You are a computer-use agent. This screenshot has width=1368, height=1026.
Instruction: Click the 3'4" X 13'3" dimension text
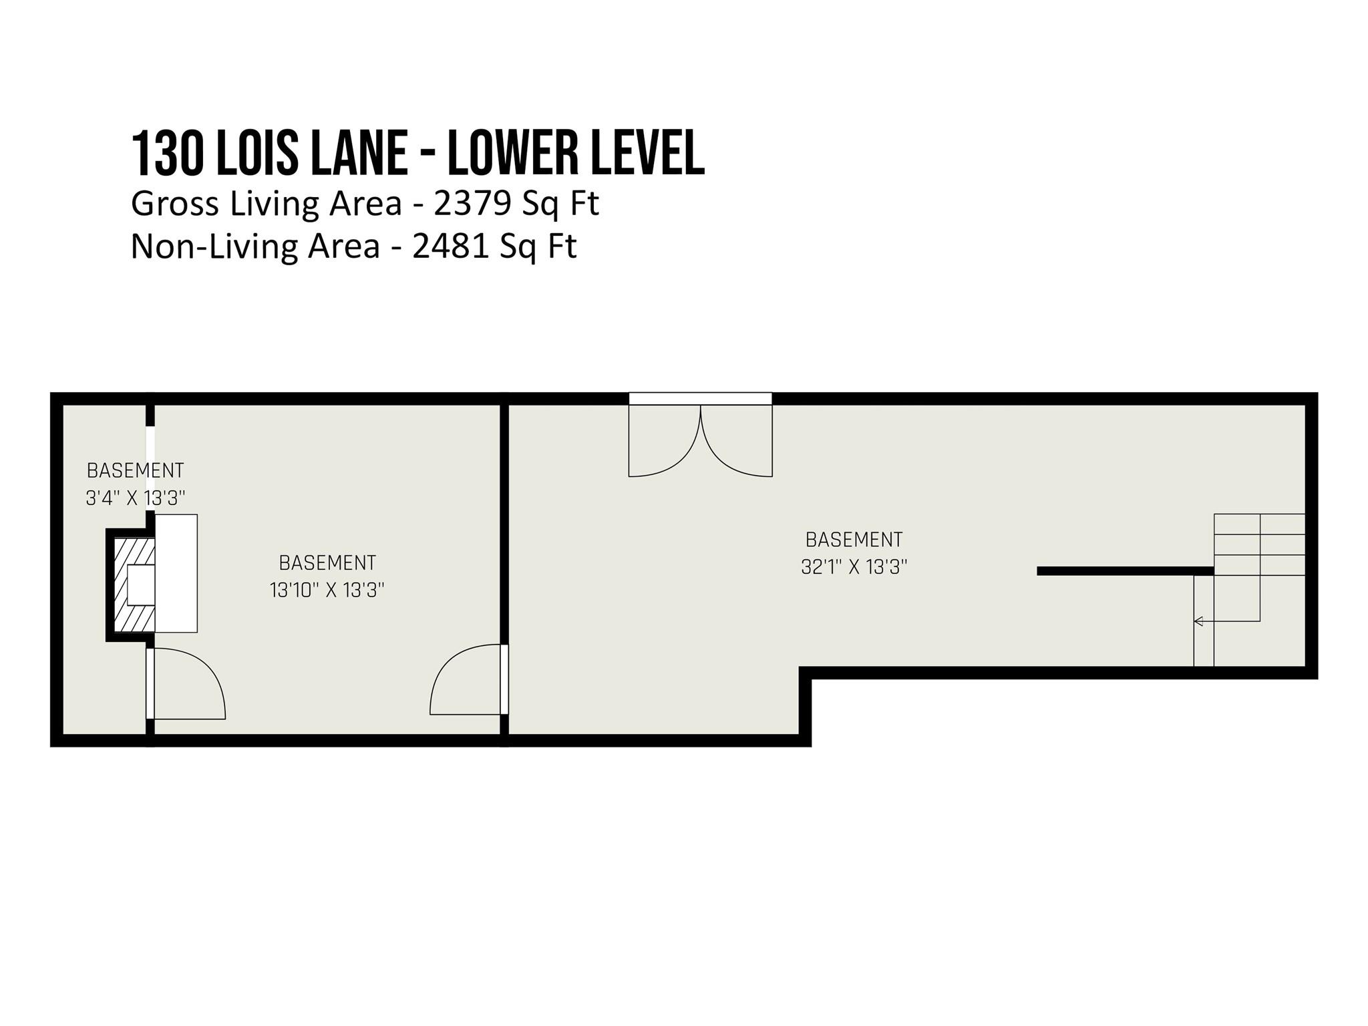[136, 498]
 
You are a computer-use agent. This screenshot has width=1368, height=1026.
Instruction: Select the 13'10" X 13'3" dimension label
[327, 590]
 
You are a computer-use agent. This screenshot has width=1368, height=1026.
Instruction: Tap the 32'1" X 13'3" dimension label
[854, 567]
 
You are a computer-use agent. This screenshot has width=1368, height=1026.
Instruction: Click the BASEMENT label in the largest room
[854, 540]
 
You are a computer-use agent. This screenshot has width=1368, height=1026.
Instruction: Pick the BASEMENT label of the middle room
[327, 563]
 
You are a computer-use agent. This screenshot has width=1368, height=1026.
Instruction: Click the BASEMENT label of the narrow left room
[136, 471]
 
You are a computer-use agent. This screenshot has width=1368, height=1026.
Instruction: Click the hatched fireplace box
[134, 585]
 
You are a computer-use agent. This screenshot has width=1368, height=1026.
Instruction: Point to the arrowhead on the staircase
[1198, 621]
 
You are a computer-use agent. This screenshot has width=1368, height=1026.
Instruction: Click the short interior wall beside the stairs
[1126, 571]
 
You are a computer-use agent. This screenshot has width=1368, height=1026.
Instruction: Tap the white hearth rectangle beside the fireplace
[176, 573]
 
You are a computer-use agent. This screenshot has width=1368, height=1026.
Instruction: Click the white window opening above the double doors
[700, 399]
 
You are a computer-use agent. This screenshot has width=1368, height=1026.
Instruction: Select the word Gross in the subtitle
[175, 204]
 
